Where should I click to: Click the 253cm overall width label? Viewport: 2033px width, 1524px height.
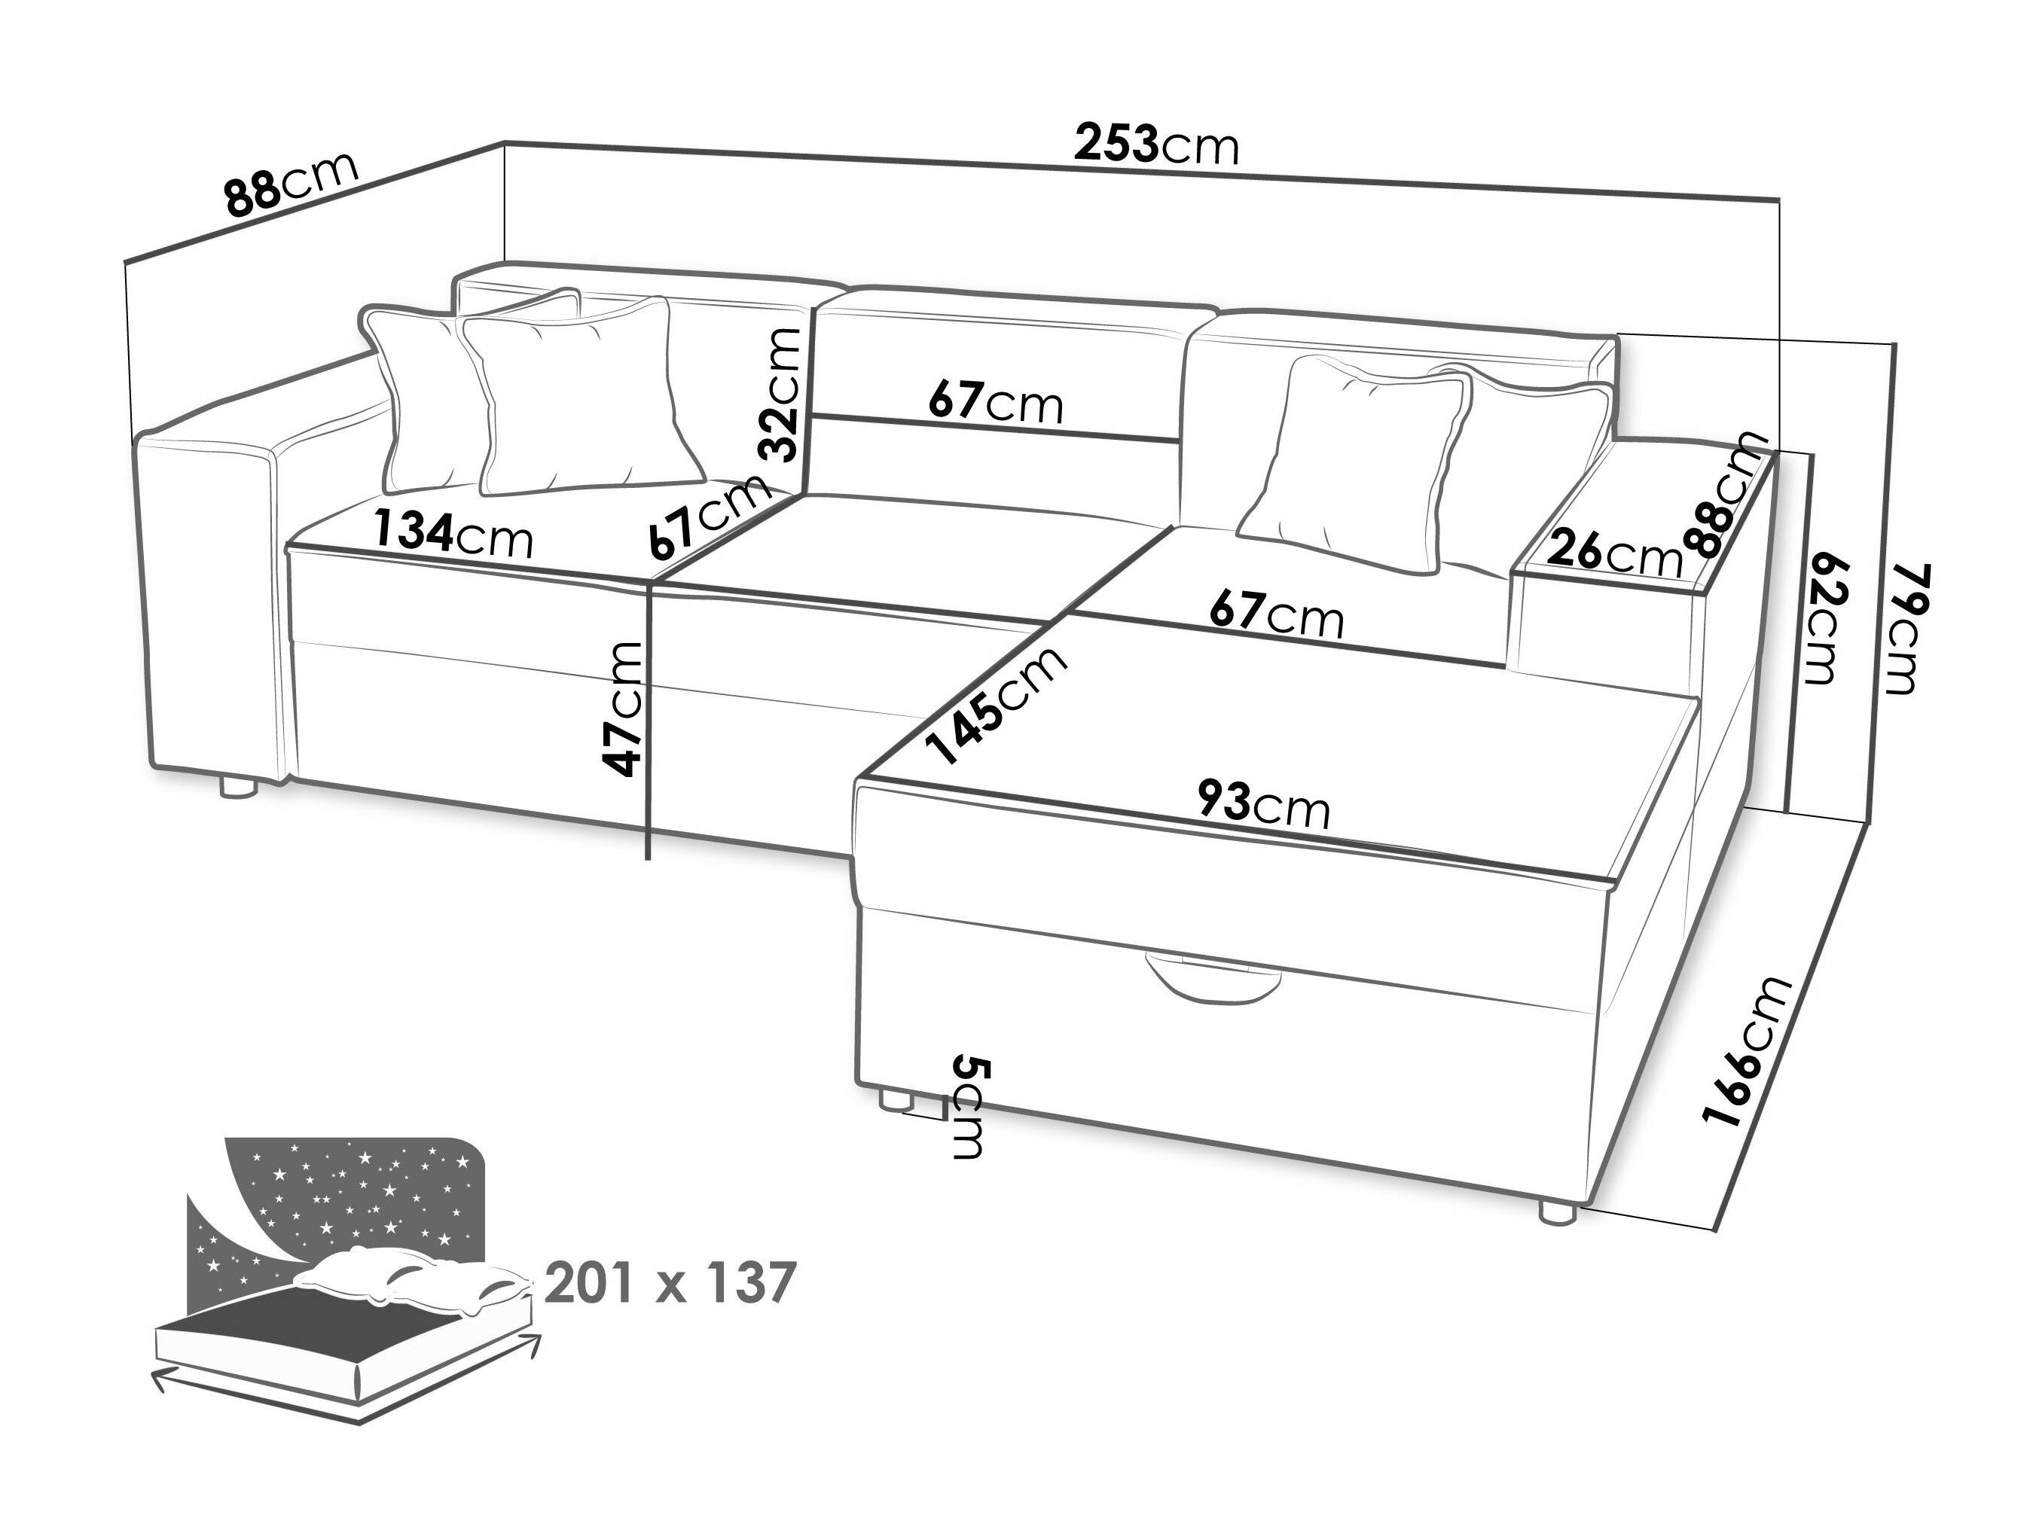[1157, 146]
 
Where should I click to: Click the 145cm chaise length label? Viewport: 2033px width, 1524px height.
[998, 705]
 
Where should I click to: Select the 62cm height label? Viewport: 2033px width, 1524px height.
[1821, 618]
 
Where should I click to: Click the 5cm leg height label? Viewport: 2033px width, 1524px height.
[970, 1107]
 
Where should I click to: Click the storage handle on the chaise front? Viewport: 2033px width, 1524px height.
[1211, 980]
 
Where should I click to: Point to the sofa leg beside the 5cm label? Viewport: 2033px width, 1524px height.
[894, 1101]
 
